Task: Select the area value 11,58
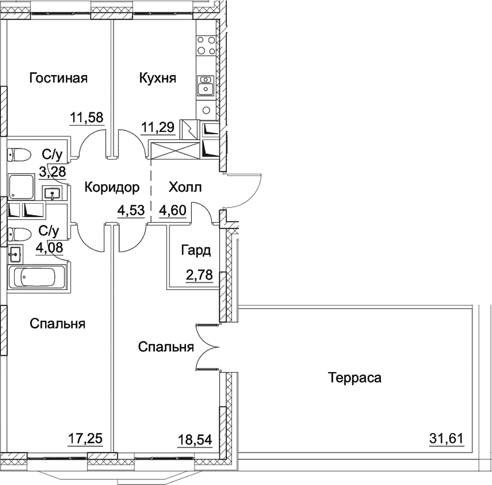[87, 116]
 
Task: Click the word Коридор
[112, 188]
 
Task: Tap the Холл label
[185, 188]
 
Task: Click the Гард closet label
[195, 250]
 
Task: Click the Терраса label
[355, 378]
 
